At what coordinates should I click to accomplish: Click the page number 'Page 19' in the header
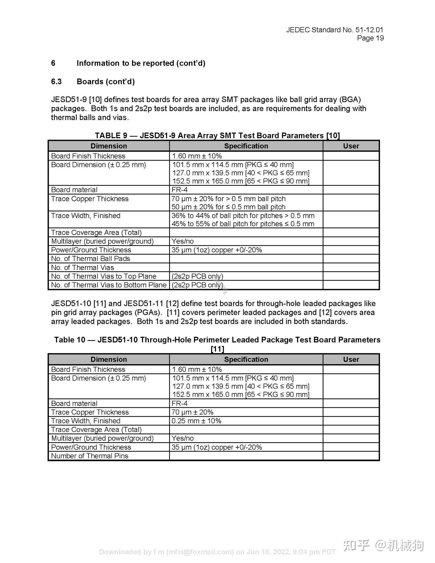370,38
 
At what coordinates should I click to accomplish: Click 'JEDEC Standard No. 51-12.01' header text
334,30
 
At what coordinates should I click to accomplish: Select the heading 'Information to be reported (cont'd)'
141,63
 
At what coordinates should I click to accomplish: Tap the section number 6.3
56,82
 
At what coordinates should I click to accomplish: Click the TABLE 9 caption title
217,135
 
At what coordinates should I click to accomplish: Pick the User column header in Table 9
351,146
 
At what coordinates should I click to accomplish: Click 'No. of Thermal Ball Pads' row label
91,259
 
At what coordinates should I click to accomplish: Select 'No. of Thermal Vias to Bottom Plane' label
109,285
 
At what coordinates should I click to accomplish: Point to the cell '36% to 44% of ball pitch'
243,216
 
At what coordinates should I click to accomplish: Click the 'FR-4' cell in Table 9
179,190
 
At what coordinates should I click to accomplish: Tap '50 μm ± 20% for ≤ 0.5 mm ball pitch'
228,207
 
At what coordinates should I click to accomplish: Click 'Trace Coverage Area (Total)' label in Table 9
96,233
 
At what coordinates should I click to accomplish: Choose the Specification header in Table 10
246,359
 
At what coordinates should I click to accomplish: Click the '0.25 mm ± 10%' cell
196,421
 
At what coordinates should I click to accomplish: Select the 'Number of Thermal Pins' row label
90,456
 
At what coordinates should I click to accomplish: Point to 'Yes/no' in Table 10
182,438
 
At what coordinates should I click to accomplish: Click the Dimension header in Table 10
108,359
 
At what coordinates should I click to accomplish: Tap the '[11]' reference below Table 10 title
217,349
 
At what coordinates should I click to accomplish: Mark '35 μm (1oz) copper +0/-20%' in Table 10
217,447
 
